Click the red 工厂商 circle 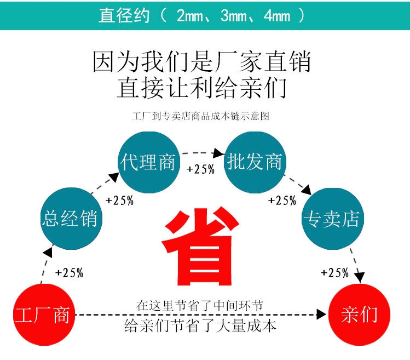coord(43,315)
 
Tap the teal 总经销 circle coord(70,218)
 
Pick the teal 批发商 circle coord(255,162)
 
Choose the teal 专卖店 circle coord(332,219)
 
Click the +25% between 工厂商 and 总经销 coord(69,272)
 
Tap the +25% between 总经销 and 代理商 coord(119,200)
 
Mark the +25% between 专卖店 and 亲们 coord(334,272)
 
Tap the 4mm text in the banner coord(276,16)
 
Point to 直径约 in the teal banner coord(124,16)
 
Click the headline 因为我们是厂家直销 coord(201,61)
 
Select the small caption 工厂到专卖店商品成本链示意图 coord(201,116)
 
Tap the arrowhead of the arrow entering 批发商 coord(220,153)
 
